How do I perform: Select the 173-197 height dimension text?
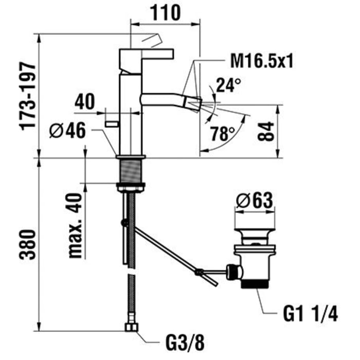(29, 96)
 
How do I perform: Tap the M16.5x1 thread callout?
(261, 62)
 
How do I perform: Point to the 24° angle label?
(227, 85)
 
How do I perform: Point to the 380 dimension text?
(29, 246)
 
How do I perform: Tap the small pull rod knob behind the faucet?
(110, 123)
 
